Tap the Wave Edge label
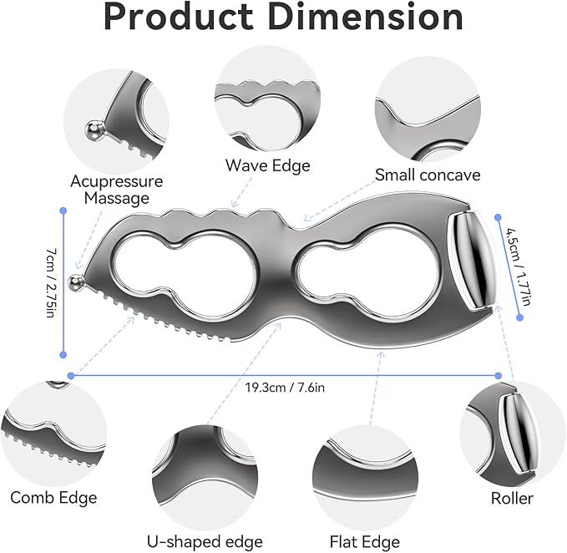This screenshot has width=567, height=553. tap(267, 165)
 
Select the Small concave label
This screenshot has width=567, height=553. tap(428, 175)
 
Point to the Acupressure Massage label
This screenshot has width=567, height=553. tap(116, 190)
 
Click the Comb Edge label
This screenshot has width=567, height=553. tap(53, 498)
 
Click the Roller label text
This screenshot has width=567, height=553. tap(510, 499)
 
